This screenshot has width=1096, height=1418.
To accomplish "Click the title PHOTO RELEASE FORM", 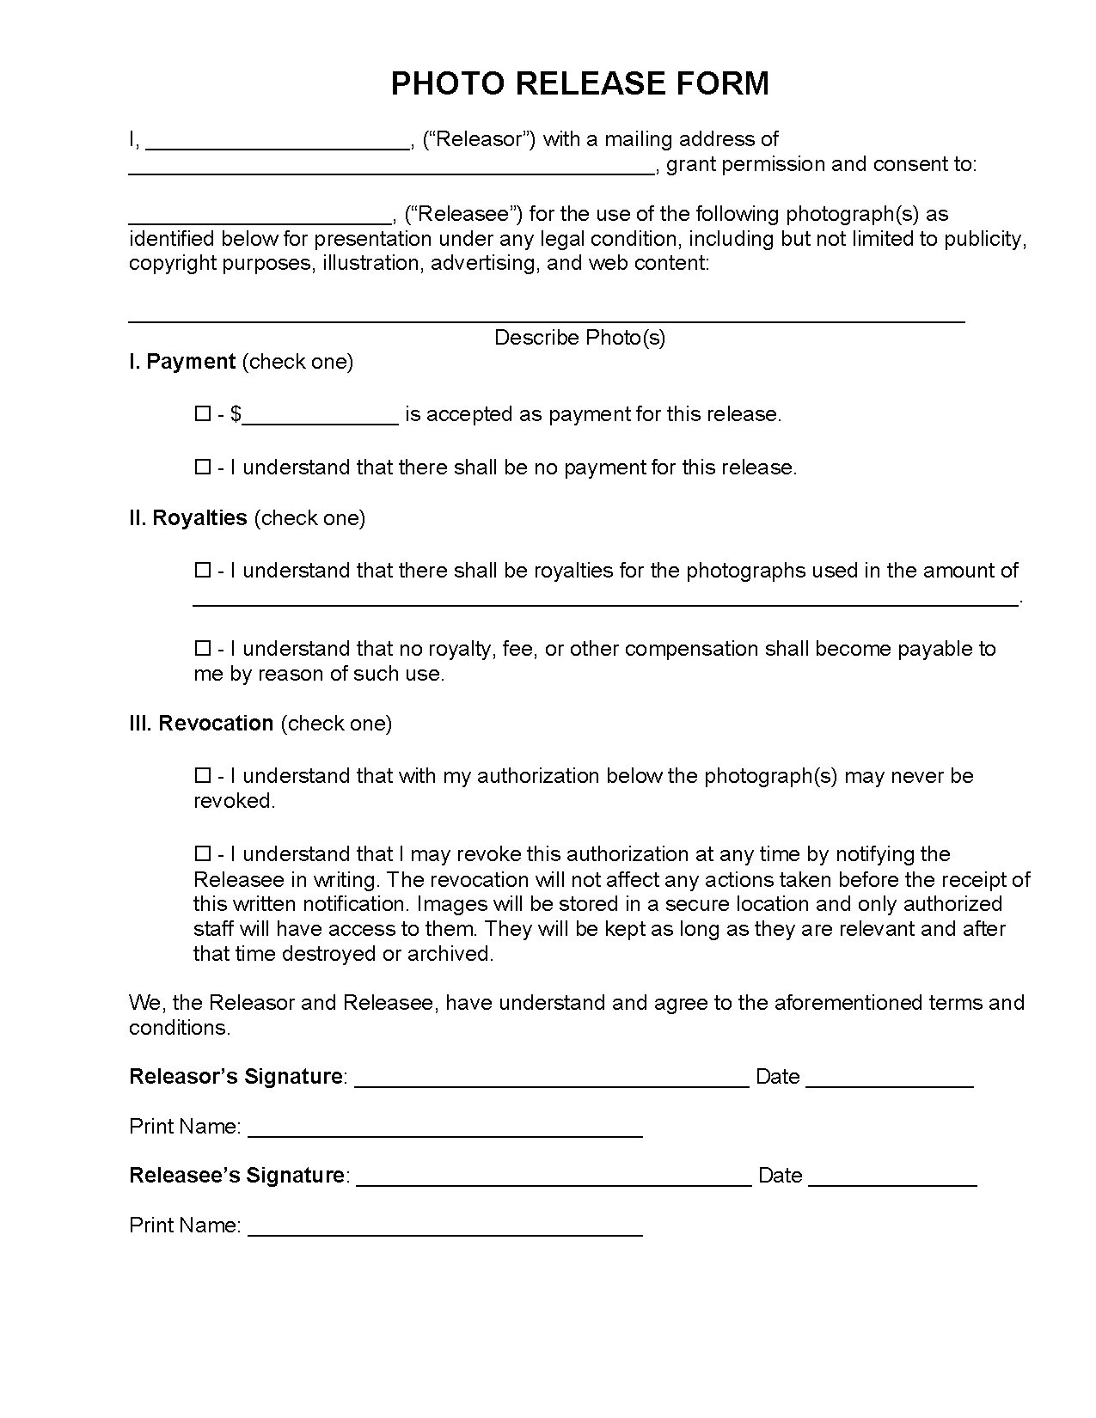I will [580, 83].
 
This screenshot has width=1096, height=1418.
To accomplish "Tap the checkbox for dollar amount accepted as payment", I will [203, 414].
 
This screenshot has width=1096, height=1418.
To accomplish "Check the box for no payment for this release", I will [203, 468].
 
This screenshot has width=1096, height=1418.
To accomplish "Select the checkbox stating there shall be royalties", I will [203, 571].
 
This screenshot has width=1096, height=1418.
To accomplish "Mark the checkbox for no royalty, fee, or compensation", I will [203, 649].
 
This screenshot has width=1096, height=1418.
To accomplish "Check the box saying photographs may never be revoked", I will [203, 776].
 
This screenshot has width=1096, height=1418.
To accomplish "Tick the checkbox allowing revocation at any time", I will [203, 854].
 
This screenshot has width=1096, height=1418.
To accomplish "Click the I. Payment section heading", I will [182, 362].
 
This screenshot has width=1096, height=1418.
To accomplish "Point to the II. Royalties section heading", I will [188, 518].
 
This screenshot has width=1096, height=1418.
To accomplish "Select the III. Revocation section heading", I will [201, 724].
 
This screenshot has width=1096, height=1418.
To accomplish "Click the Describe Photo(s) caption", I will [580, 338].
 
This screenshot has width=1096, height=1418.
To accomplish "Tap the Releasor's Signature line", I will [552, 1079].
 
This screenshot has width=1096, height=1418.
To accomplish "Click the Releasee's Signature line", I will [554, 1178].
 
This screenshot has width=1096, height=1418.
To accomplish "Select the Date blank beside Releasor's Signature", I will [890, 1079].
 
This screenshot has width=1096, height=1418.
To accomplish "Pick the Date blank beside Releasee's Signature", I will [892, 1178].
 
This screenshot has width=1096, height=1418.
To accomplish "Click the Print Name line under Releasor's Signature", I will [445, 1129].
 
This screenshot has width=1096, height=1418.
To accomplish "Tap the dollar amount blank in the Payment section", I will [321, 417].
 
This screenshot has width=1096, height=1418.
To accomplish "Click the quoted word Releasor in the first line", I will [480, 139].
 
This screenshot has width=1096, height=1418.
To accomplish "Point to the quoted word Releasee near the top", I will [463, 214].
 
